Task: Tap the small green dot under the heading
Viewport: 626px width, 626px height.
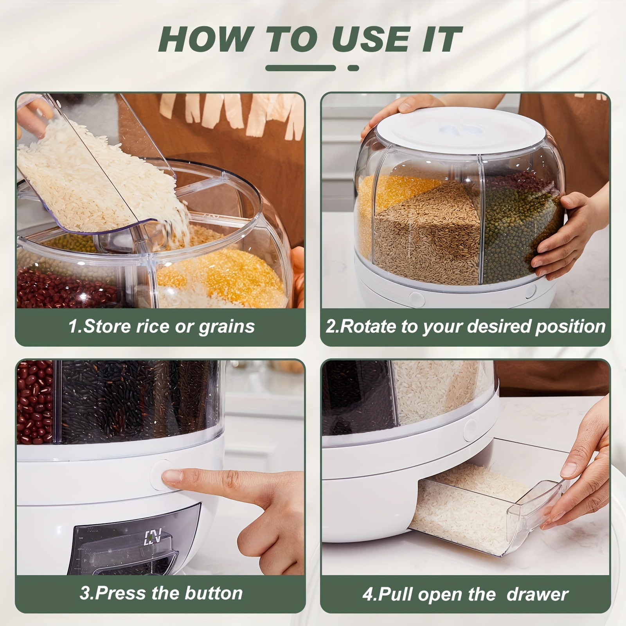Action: point(353,68)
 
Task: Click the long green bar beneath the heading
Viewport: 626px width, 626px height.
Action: point(300,68)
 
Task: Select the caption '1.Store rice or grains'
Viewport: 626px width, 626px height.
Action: point(161,326)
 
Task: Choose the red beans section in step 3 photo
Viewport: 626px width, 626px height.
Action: point(34,403)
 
